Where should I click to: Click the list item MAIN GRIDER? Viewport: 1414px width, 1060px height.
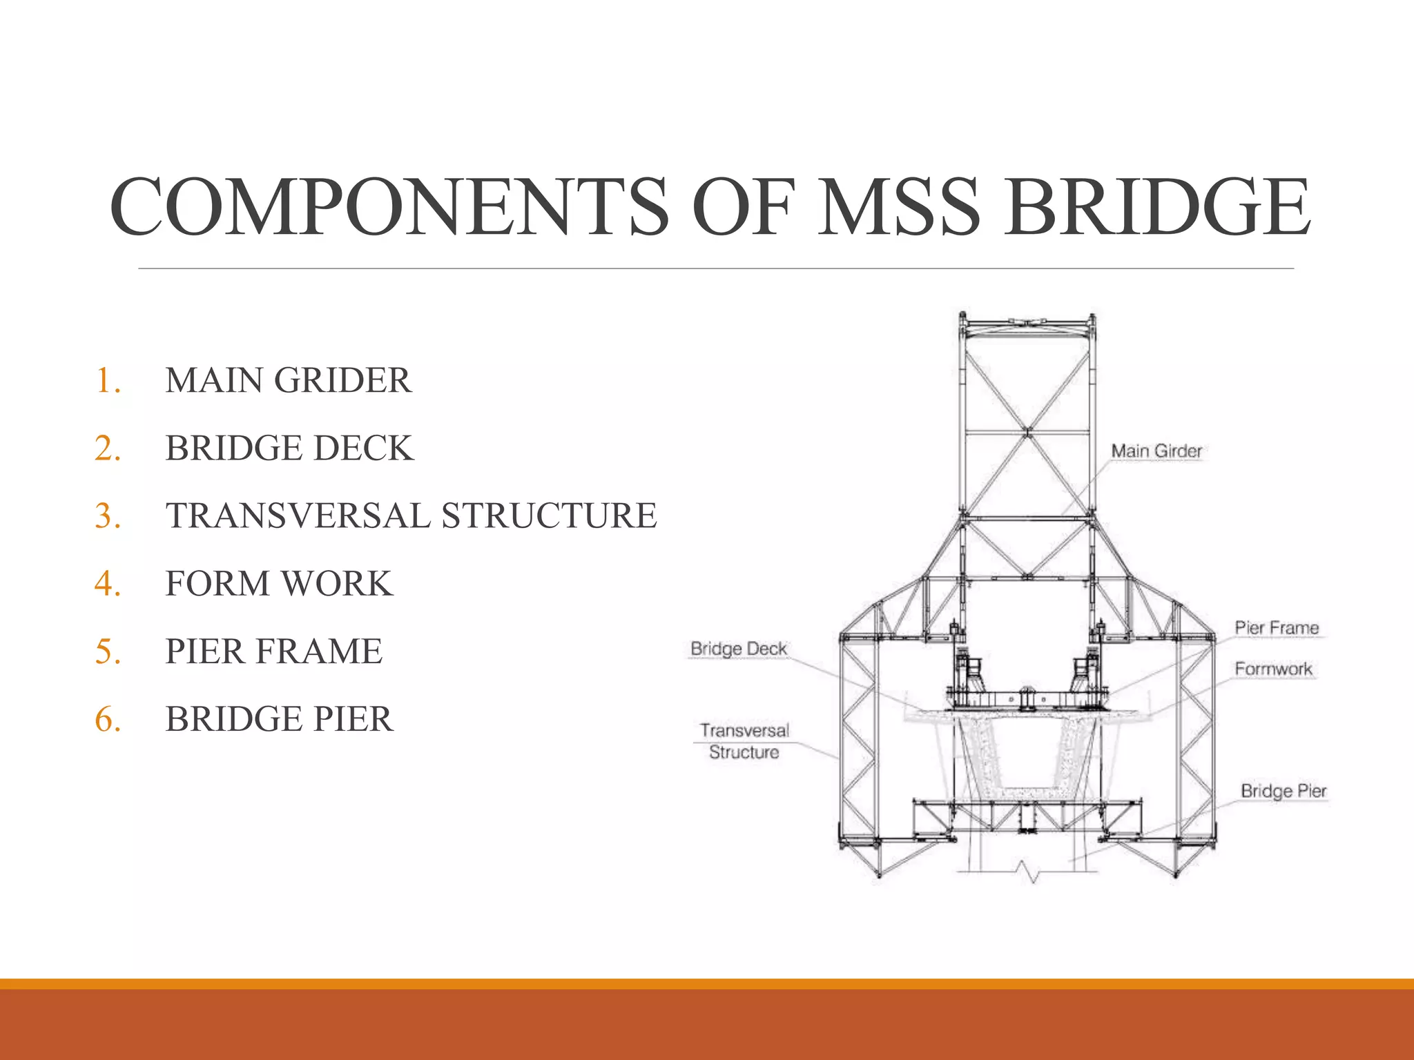(x=288, y=380)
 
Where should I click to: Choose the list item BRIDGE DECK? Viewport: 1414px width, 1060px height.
(x=289, y=448)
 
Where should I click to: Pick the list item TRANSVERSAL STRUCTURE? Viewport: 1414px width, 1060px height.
(x=411, y=516)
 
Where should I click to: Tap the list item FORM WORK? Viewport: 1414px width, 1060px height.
(x=279, y=583)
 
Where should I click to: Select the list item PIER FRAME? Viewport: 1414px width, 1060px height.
(x=273, y=651)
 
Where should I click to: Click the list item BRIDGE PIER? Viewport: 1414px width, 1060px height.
(x=279, y=718)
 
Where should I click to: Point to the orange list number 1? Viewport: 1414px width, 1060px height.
(x=107, y=380)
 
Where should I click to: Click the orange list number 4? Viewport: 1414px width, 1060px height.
(x=107, y=583)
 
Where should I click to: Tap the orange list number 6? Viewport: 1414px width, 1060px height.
(x=107, y=718)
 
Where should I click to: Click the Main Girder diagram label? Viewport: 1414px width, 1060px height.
(x=1156, y=451)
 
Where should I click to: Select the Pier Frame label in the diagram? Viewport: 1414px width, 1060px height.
(x=1277, y=628)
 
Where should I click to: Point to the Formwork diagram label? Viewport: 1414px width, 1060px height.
(x=1273, y=669)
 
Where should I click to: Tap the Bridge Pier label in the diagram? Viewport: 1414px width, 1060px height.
(x=1284, y=791)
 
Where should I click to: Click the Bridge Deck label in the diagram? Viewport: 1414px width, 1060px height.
(x=739, y=649)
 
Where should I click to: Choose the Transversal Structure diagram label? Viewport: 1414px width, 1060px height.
(x=744, y=741)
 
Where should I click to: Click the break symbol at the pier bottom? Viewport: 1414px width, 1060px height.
(x=1034, y=873)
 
